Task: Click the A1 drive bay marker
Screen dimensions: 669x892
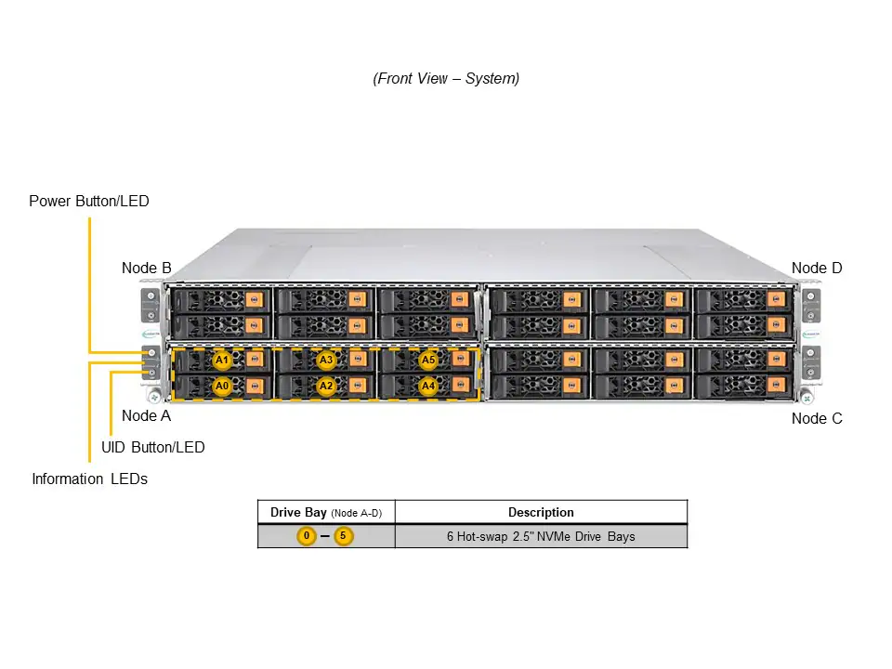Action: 222,360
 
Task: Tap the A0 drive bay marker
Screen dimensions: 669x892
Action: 222,386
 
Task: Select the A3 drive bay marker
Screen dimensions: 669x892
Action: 325,360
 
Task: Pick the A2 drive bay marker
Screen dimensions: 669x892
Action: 325,386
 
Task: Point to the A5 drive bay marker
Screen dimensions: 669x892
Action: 428,360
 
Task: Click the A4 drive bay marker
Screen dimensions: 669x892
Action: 428,386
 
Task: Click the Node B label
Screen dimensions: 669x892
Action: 146,269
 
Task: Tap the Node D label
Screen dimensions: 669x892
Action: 817,269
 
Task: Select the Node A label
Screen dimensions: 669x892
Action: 146,416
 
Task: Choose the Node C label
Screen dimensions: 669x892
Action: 817,419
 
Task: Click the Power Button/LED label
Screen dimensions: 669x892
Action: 88,201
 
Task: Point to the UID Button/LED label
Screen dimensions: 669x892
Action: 152,447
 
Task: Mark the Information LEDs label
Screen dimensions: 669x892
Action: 89,479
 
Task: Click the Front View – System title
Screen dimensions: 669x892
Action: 446,79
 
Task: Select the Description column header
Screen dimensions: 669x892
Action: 541,512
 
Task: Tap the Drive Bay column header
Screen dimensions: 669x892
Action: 326,512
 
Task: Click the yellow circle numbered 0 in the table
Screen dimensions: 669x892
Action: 307,536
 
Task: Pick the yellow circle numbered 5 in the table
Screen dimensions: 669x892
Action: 344,536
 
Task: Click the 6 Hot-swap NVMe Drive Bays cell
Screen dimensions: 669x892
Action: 541,536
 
